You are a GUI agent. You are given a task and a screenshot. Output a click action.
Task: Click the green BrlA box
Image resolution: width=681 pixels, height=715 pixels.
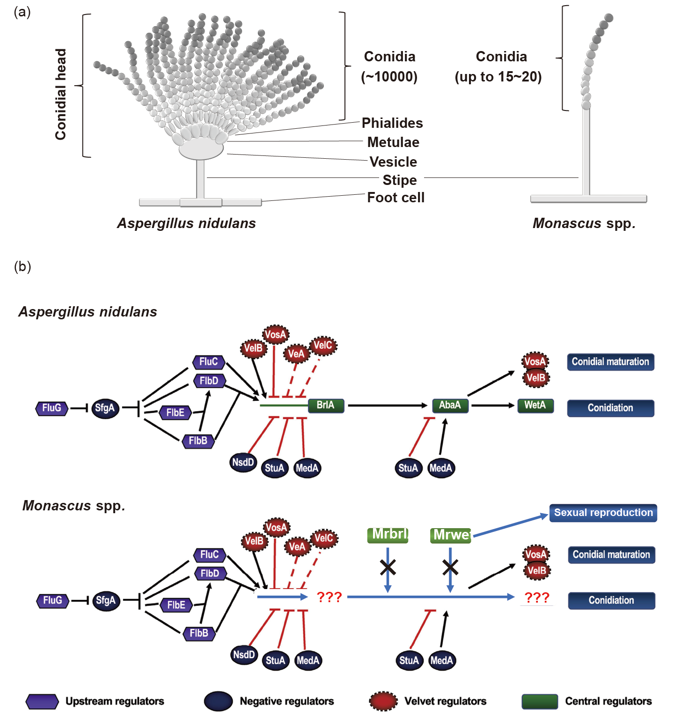pyautogui.click(x=326, y=405)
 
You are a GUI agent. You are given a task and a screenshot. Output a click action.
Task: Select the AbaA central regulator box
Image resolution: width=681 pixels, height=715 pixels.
pyautogui.click(x=450, y=405)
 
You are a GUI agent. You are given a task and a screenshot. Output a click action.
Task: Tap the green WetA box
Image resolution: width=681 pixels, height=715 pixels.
pyautogui.click(x=535, y=405)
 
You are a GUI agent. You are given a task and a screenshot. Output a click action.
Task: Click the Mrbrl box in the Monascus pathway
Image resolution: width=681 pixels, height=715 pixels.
pyautogui.click(x=388, y=535)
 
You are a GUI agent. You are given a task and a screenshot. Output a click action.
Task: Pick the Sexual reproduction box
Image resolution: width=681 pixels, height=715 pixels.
pyautogui.click(x=603, y=513)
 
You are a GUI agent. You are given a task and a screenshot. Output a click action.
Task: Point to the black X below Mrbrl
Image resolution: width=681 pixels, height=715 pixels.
pyautogui.click(x=388, y=568)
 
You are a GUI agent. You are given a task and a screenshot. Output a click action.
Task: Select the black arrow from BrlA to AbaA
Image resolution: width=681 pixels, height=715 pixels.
pyautogui.click(x=388, y=405)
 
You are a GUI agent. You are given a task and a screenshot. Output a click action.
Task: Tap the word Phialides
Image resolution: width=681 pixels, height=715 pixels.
pyautogui.click(x=392, y=123)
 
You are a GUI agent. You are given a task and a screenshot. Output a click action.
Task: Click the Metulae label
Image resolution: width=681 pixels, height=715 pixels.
pyautogui.click(x=393, y=142)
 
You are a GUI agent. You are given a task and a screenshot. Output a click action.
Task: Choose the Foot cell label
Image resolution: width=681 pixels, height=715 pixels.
pyautogui.click(x=395, y=198)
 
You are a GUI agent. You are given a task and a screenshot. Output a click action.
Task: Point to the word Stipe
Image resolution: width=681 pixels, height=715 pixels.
pyautogui.click(x=399, y=180)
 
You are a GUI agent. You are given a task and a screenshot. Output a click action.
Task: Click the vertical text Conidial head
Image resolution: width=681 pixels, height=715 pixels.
pyautogui.click(x=61, y=94)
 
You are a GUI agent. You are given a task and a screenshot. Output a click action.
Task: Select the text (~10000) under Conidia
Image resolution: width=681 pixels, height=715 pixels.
pyautogui.click(x=389, y=77)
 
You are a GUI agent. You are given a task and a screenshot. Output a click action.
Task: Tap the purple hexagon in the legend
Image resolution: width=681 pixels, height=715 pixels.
pyautogui.click(x=42, y=701)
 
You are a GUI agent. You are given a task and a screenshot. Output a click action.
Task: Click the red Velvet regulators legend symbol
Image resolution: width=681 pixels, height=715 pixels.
pyautogui.click(x=383, y=701)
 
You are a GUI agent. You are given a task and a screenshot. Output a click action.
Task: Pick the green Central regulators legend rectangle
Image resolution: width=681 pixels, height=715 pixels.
pyautogui.click(x=540, y=701)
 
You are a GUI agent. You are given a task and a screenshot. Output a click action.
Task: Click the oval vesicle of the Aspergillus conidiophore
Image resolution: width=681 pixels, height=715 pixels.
pyautogui.click(x=201, y=149)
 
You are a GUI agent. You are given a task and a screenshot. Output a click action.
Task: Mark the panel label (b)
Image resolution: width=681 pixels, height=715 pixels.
pyautogui.click(x=22, y=266)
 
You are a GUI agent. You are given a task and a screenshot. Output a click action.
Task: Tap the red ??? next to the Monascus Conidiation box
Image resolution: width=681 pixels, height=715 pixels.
pyautogui.click(x=536, y=597)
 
